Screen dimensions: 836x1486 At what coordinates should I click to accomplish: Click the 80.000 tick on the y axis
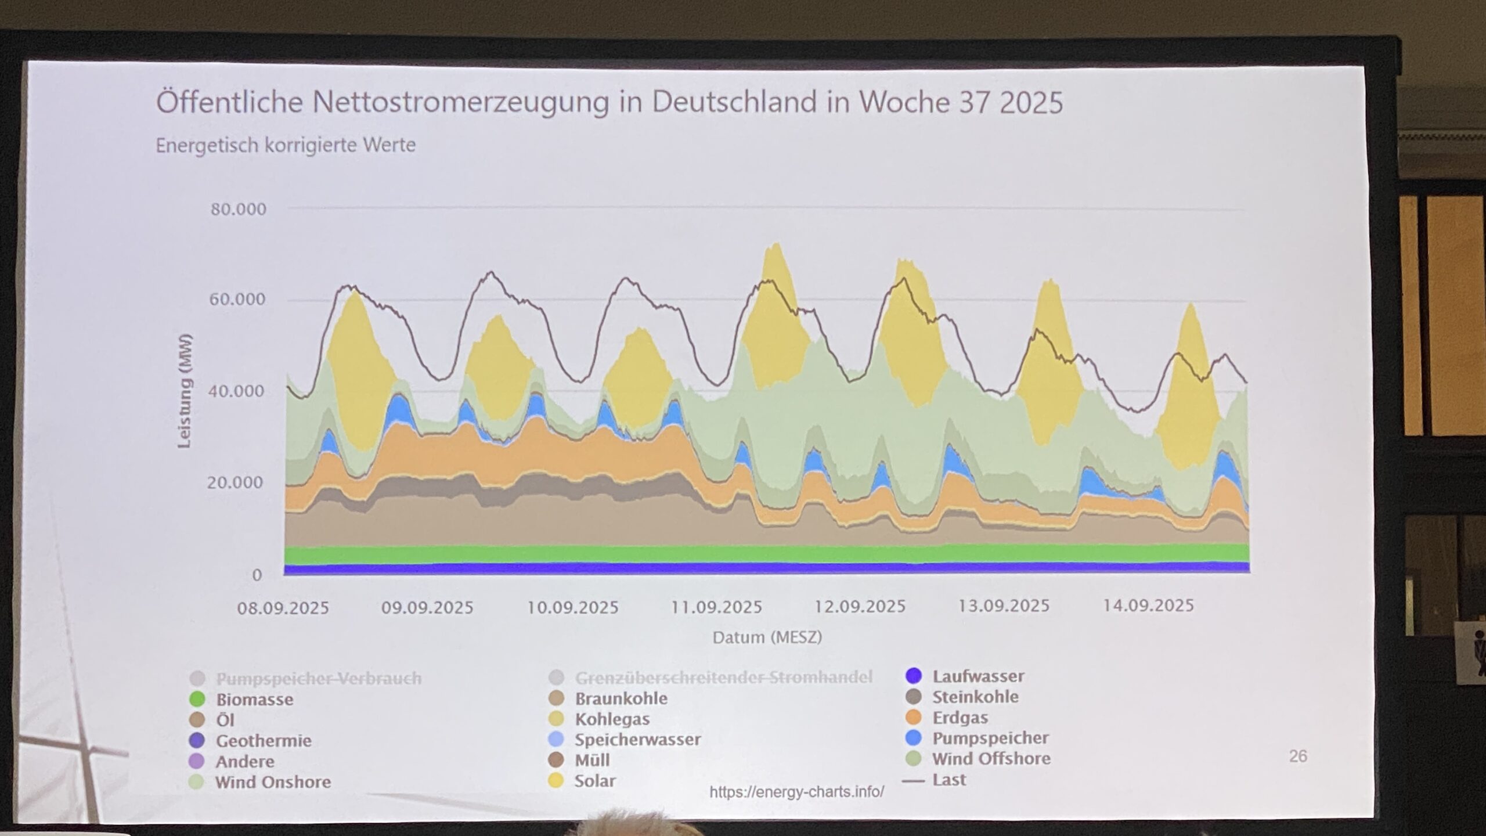(238, 209)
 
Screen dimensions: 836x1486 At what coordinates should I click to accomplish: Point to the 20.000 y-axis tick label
(235, 482)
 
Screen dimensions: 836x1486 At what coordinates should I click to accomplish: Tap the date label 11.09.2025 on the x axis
(716, 607)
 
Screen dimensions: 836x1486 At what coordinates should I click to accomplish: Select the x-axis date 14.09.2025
(1148, 606)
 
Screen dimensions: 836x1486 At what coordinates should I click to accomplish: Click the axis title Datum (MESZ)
(767, 637)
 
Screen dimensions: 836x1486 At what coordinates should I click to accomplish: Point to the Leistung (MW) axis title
(185, 391)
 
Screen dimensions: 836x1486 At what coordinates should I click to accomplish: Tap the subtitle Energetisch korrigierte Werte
(286, 145)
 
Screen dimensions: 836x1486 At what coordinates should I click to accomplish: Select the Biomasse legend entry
(254, 700)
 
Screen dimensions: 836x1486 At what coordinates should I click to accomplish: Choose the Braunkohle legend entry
(621, 698)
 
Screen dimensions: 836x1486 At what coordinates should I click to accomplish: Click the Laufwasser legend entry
(978, 676)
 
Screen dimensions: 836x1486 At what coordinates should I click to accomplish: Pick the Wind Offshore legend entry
(991, 759)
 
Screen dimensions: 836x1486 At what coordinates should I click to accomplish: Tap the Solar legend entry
(594, 781)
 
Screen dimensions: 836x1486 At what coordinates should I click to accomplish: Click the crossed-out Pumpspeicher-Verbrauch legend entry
(318, 678)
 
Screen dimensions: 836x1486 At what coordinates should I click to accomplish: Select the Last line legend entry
(948, 780)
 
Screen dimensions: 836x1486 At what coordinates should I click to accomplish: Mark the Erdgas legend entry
(960, 718)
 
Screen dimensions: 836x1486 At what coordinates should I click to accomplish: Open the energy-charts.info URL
(796, 792)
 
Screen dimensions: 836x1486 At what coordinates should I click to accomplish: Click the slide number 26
(1298, 756)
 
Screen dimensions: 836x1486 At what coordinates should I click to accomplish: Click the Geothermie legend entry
(263, 741)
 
